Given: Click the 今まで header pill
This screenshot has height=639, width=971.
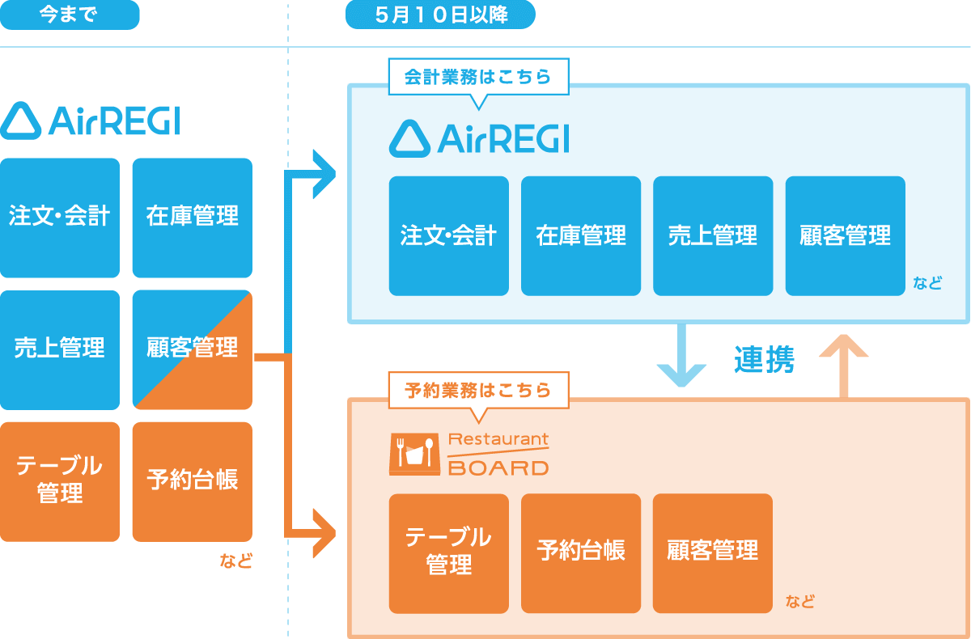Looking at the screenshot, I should pyautogui.click(x=70, y=15).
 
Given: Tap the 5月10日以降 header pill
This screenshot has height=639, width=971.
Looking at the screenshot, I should pyautogui.click(x=440, y=15).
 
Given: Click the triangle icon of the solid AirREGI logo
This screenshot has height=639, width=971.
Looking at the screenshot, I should pyautogui.click(x=20, y=122).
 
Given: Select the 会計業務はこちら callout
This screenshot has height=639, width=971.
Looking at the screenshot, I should pyautogui.click(x=477, y=77).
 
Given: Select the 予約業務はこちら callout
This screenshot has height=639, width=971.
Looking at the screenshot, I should pyautogui.click(x=477, y=390).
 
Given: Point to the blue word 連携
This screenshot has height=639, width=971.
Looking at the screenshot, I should pyautogui.click(x=764, y=360).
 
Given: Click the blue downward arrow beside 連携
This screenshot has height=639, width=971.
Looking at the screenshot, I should pyautogui.click(x=681, y=356).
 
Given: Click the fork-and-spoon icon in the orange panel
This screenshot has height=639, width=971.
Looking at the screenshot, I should pyautogui.click(x=415, y=452).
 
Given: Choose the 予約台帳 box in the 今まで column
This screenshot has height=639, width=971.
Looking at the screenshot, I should pyautogui.click(x=192, y=481).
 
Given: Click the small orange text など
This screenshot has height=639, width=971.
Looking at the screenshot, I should pyautogui.click(x=236, y=561).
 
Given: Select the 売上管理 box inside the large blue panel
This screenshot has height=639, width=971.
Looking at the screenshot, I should pyautogui.click(x=713, y=235).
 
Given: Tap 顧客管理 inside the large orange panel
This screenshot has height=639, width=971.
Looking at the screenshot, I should pyautogui.click(x=713, y=551).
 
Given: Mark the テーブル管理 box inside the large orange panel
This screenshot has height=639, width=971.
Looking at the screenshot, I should pyautogui.click(x=448, y=551).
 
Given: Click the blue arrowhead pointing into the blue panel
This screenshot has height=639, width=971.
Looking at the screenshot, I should pyautogui.click(x=324, y=174).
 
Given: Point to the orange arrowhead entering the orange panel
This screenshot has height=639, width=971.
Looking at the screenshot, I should pyautogui.click(x=324, y=534).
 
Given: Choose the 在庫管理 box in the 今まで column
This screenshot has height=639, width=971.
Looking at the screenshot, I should pyautogui.click(x=192, y=217).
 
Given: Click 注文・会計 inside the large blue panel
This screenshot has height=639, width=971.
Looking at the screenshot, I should pyautogui.click(x=448, y=235).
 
